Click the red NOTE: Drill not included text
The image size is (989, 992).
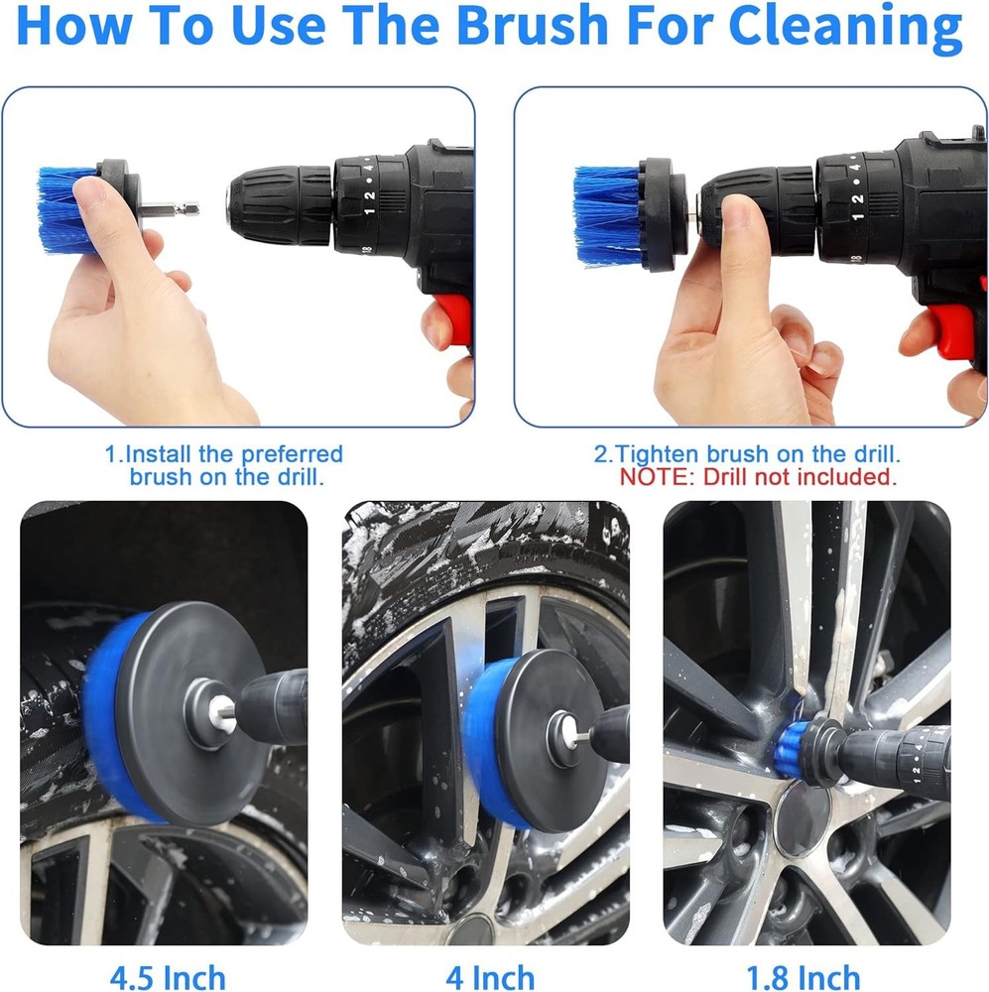(759, 477)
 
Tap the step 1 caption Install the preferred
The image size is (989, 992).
(225, 454)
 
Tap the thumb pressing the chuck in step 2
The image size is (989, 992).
(738, 223)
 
